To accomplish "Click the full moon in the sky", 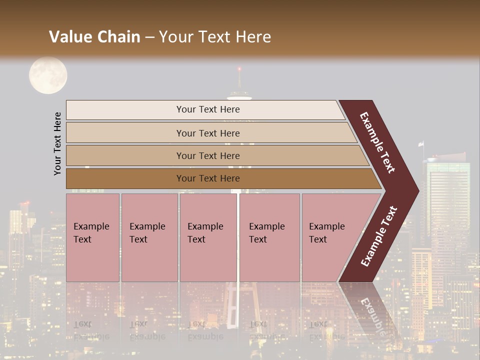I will point(48,75).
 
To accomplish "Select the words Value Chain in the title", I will point(94,37).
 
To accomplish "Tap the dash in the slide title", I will point(149,37).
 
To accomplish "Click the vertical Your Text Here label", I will point(57,143).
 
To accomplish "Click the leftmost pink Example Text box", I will point(92,237).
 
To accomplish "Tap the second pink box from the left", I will point(149,237).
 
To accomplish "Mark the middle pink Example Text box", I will point(208,237).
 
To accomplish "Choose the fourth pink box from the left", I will point(269,237).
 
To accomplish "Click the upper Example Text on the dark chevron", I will point(377,142).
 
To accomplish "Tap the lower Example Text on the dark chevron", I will point(379,236).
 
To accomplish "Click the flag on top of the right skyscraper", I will point(421,144).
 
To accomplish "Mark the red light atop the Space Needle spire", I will point(239,68).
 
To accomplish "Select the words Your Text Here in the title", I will point(215,37).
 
